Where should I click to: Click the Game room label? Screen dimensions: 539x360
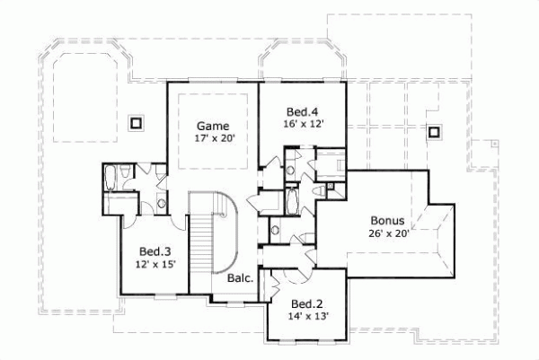213,126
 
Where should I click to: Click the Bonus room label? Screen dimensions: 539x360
388,220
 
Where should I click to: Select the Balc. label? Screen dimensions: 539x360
240,278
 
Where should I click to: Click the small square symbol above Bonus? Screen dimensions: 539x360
435,132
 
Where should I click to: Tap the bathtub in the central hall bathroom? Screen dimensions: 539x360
293,200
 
